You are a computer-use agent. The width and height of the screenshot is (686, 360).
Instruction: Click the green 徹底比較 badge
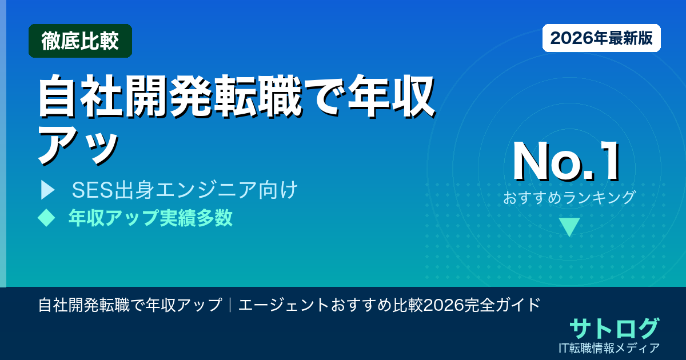[x=80, y=41]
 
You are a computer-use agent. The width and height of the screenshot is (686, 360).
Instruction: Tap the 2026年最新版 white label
[x=601, y=38]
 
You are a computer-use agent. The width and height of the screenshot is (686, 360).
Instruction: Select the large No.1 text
[x=566, y=162]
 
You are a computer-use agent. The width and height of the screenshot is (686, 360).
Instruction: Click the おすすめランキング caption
[x=569, y=198]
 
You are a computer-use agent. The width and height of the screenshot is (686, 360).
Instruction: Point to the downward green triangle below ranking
[x=569, y=227]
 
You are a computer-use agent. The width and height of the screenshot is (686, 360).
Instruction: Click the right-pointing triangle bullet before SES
[x=47, y=190]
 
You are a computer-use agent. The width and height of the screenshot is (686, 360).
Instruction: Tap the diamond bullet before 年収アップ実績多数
[x=45, y=218]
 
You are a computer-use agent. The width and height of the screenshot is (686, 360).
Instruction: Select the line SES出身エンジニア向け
[x=185, y=190]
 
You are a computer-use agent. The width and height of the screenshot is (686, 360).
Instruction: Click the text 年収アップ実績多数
[x=150, y=218]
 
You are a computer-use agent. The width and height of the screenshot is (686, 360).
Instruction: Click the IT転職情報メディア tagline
[x=610, y=347]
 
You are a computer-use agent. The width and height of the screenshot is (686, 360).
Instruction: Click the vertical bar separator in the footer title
[x=230, y=305]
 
